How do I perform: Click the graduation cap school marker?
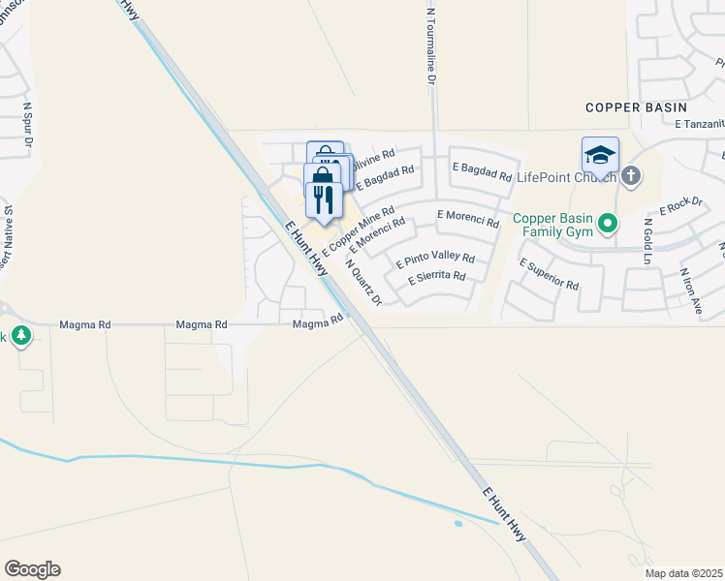(600, 155)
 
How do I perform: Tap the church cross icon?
(631, 175)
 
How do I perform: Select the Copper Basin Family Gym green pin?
(608, 225)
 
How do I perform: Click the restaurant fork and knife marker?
(324, 199)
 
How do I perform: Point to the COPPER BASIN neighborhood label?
(636, 107)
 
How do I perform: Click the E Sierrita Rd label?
(437, 277)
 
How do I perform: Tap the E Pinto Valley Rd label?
(435, 260)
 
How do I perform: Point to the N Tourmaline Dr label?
(431, 48)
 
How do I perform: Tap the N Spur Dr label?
(28, 127)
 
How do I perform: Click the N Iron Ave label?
(690, 291)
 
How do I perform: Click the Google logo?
(32, 569)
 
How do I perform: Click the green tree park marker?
(21, 337)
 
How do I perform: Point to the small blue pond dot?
(457, 524)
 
